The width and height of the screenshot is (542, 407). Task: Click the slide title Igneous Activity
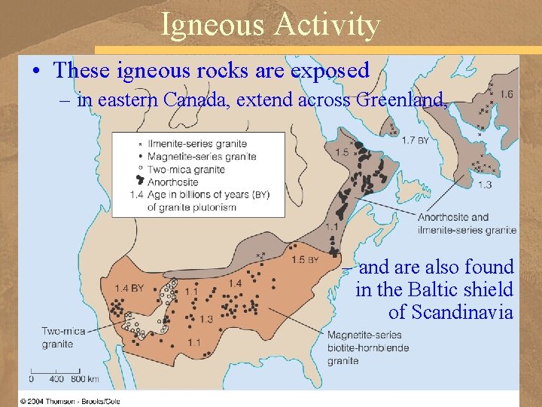(x=270, y=25)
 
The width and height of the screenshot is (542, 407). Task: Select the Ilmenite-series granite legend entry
(x=197, y=144)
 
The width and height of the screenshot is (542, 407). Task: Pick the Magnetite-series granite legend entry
(x=202, y=157)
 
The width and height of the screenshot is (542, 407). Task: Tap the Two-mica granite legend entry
(x=186, y=169)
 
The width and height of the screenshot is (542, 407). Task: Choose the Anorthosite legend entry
(x=173, y=182)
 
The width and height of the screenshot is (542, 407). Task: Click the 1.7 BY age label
(x=416, y=141)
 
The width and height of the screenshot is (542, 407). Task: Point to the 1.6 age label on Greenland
(x=506, y=94)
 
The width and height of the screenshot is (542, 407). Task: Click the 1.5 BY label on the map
(x=305, y=260)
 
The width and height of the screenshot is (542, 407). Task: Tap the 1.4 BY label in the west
(x=129, y=288)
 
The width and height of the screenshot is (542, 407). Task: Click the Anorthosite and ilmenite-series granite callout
(x=467, y=224)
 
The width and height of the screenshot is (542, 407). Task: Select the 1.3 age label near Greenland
(x=485, y=185)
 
